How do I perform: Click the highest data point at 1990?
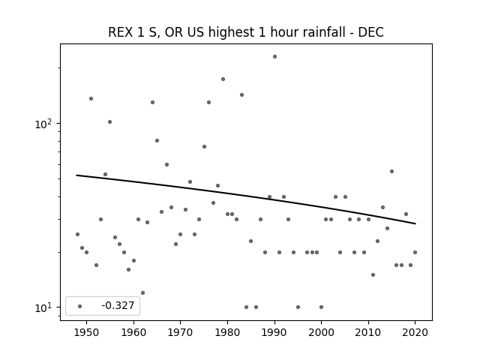click(x=275, y=57)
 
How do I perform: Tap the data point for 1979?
click(x=223, y=79)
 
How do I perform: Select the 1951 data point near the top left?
click(x=91, y=98)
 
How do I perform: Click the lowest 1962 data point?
click(x=142, y=293)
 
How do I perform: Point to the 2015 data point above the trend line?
click(x=391, y=172)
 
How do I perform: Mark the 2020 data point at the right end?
click(x=415, y=252)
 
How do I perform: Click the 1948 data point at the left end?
click(x=77, y=235)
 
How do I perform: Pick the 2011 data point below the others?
click(x=373, y=275)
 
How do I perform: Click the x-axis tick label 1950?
click(x=87, y=332)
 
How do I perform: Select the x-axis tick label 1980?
click(x=227, y=332)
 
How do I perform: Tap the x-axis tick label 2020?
click(x=415, y=332)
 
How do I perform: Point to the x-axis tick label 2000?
click(x=322, y=332)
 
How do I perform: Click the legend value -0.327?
click(x=118, y=305)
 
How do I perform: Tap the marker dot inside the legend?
click(x=80, y=306)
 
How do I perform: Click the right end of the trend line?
click(x=415, y=223)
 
